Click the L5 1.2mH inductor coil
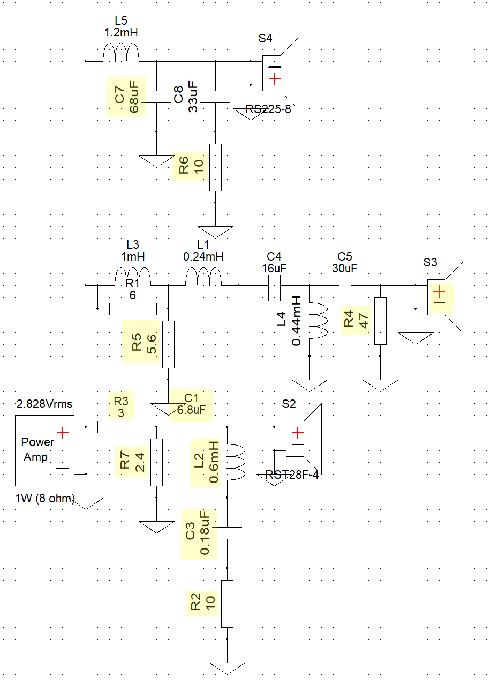click(x=121, y=52)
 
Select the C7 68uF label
click(x=127, y=97)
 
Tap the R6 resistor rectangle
click(x=216, y=167)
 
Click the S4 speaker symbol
click(x=281, y=73)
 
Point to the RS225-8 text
click(x=268, y=109)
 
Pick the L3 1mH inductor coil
click(x=133, y=276)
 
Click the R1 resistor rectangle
click(x=133, y=309)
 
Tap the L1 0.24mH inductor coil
click(x=203, y=276)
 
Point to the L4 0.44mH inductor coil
click(x=319, y=321)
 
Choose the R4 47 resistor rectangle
click(x=380, y=321)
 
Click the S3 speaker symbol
click(x=445, y=297)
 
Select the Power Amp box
click(x=44, y=450)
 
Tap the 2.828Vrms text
click(x=44, y=404)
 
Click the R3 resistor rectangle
click(x=121, y=427)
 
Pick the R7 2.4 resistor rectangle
click(x=156, y=462)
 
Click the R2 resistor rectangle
click(x=227, y=604)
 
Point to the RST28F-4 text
click(x=292, y=475)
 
